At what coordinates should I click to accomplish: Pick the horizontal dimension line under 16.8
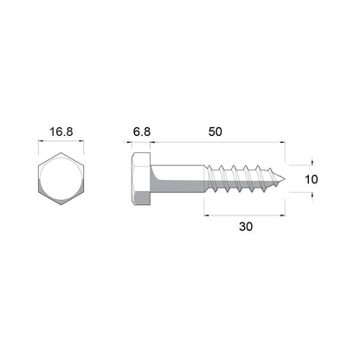(60, 142)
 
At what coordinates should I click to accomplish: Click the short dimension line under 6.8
(144, 142)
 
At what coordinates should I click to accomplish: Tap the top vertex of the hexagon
(60, 154)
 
